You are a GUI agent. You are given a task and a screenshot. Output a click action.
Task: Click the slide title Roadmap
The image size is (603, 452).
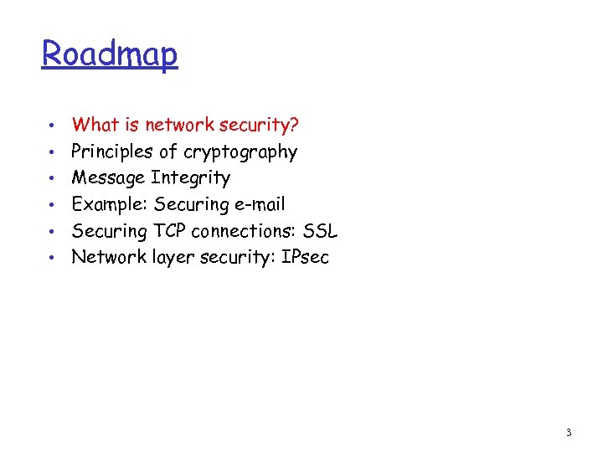(110, 54)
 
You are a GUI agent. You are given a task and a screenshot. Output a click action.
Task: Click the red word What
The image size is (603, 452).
(95, 125)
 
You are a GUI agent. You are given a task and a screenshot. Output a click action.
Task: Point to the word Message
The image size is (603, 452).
(108, 177)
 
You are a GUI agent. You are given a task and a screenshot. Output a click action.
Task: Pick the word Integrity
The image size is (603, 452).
(190, 177)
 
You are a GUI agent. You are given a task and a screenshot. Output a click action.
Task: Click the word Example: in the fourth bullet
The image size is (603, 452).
(110, 204)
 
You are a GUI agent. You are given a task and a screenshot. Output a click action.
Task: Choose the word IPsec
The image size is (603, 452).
(306, 257)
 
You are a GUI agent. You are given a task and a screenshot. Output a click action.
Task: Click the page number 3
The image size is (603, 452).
(569, 433)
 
